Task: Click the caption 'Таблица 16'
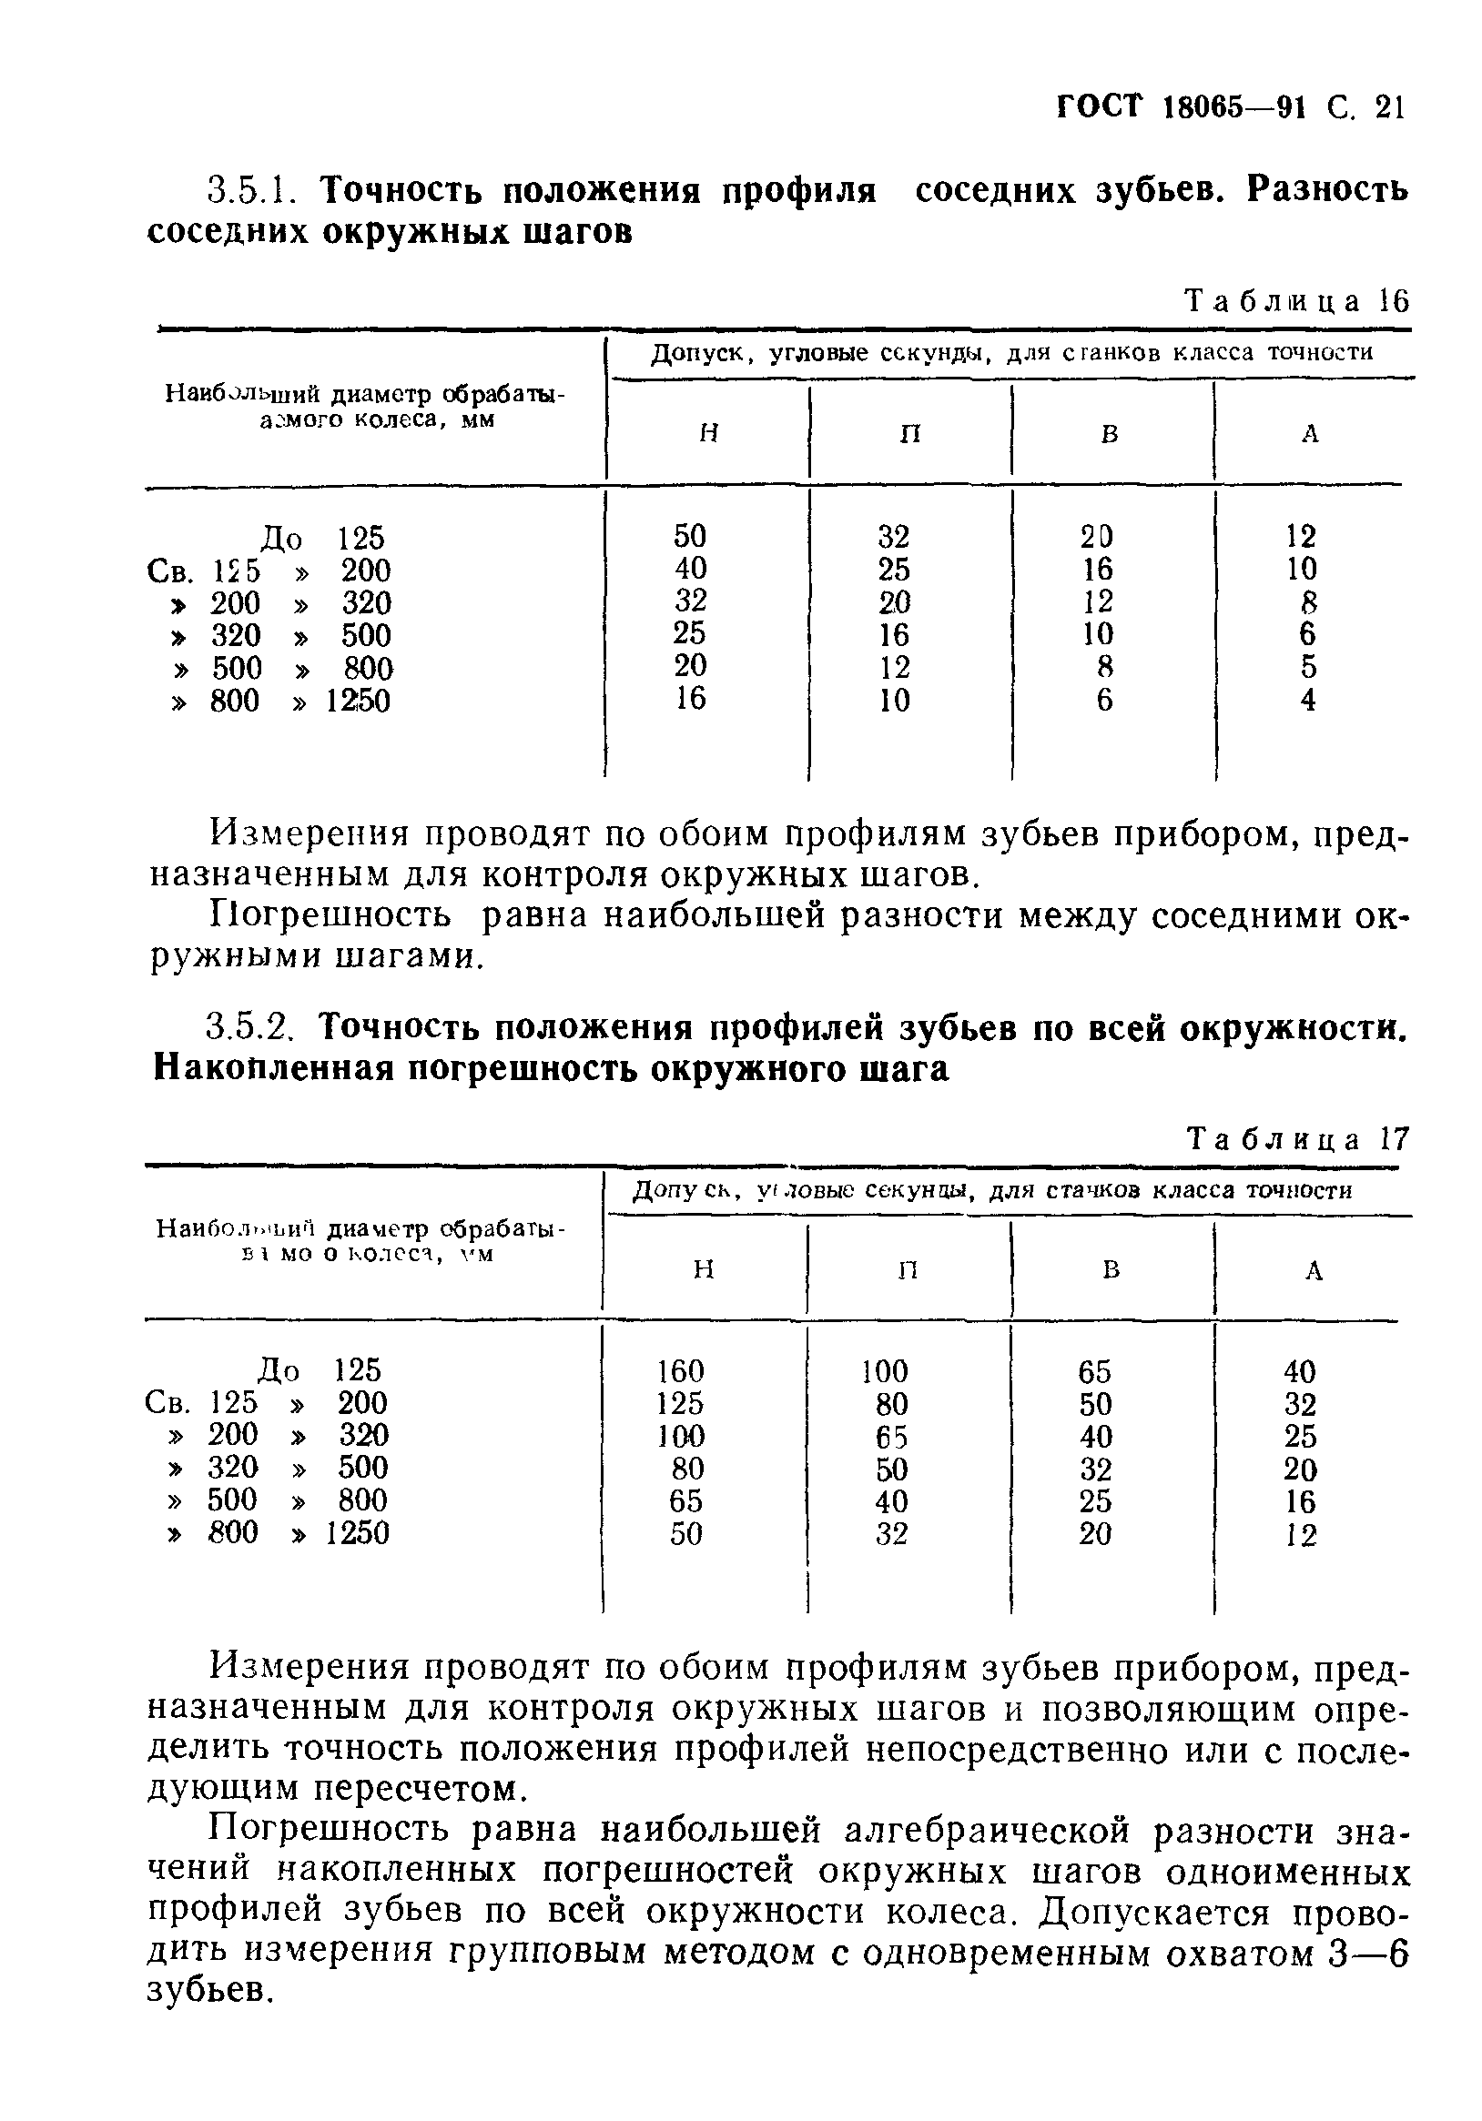coord(1297,301)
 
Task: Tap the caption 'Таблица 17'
coord(1297,1140)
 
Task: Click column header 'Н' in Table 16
coord(708,433)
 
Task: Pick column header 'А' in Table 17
coord(1314,1271)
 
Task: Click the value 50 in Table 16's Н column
coord(689,536)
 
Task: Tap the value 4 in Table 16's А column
coord(1306,701)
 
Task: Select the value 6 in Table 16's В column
coord(1104,701)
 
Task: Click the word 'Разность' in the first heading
coord(1328,189)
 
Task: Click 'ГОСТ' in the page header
coord(1099,108)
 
